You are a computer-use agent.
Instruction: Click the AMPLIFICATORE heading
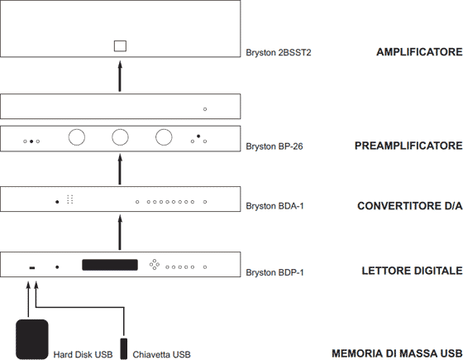point(419,52)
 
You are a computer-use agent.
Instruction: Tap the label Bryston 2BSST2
point(279,53)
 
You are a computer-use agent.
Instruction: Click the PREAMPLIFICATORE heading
point(408,146)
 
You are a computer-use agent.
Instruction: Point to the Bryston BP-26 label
point(274,146)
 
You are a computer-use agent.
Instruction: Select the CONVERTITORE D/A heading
point(410,206)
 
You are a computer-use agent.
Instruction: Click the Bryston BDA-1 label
point(274,206)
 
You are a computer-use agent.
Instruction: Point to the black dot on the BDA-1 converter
point(57,202)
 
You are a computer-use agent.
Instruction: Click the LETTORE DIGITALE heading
point(413,271)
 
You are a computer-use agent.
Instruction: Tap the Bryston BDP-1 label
point(274,272)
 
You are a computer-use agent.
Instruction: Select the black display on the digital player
point(110,265)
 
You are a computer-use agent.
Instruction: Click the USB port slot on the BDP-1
point(32,268)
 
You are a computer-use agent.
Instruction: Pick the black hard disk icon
point(32,339)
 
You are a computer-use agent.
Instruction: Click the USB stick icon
point(124,348)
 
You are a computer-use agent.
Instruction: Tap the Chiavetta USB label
point(161,354)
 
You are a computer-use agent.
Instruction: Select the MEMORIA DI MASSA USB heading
point(397,353)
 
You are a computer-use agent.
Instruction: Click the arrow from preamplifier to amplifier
point(120,76)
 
